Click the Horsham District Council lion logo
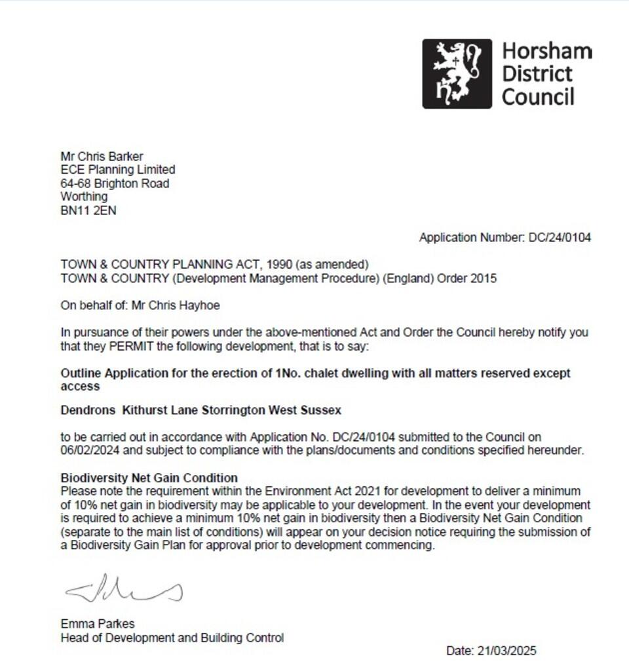point(457,73)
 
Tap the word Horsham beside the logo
point(546,51)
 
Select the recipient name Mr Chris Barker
point(102,156)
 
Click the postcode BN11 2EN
point(88,211)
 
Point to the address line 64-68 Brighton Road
point(115,183)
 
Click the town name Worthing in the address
point(84,197)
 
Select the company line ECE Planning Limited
point(118,170)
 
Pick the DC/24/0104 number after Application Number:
point(560,237)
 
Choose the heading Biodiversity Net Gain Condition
point(149,478)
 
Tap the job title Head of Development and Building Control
point(172,637)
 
